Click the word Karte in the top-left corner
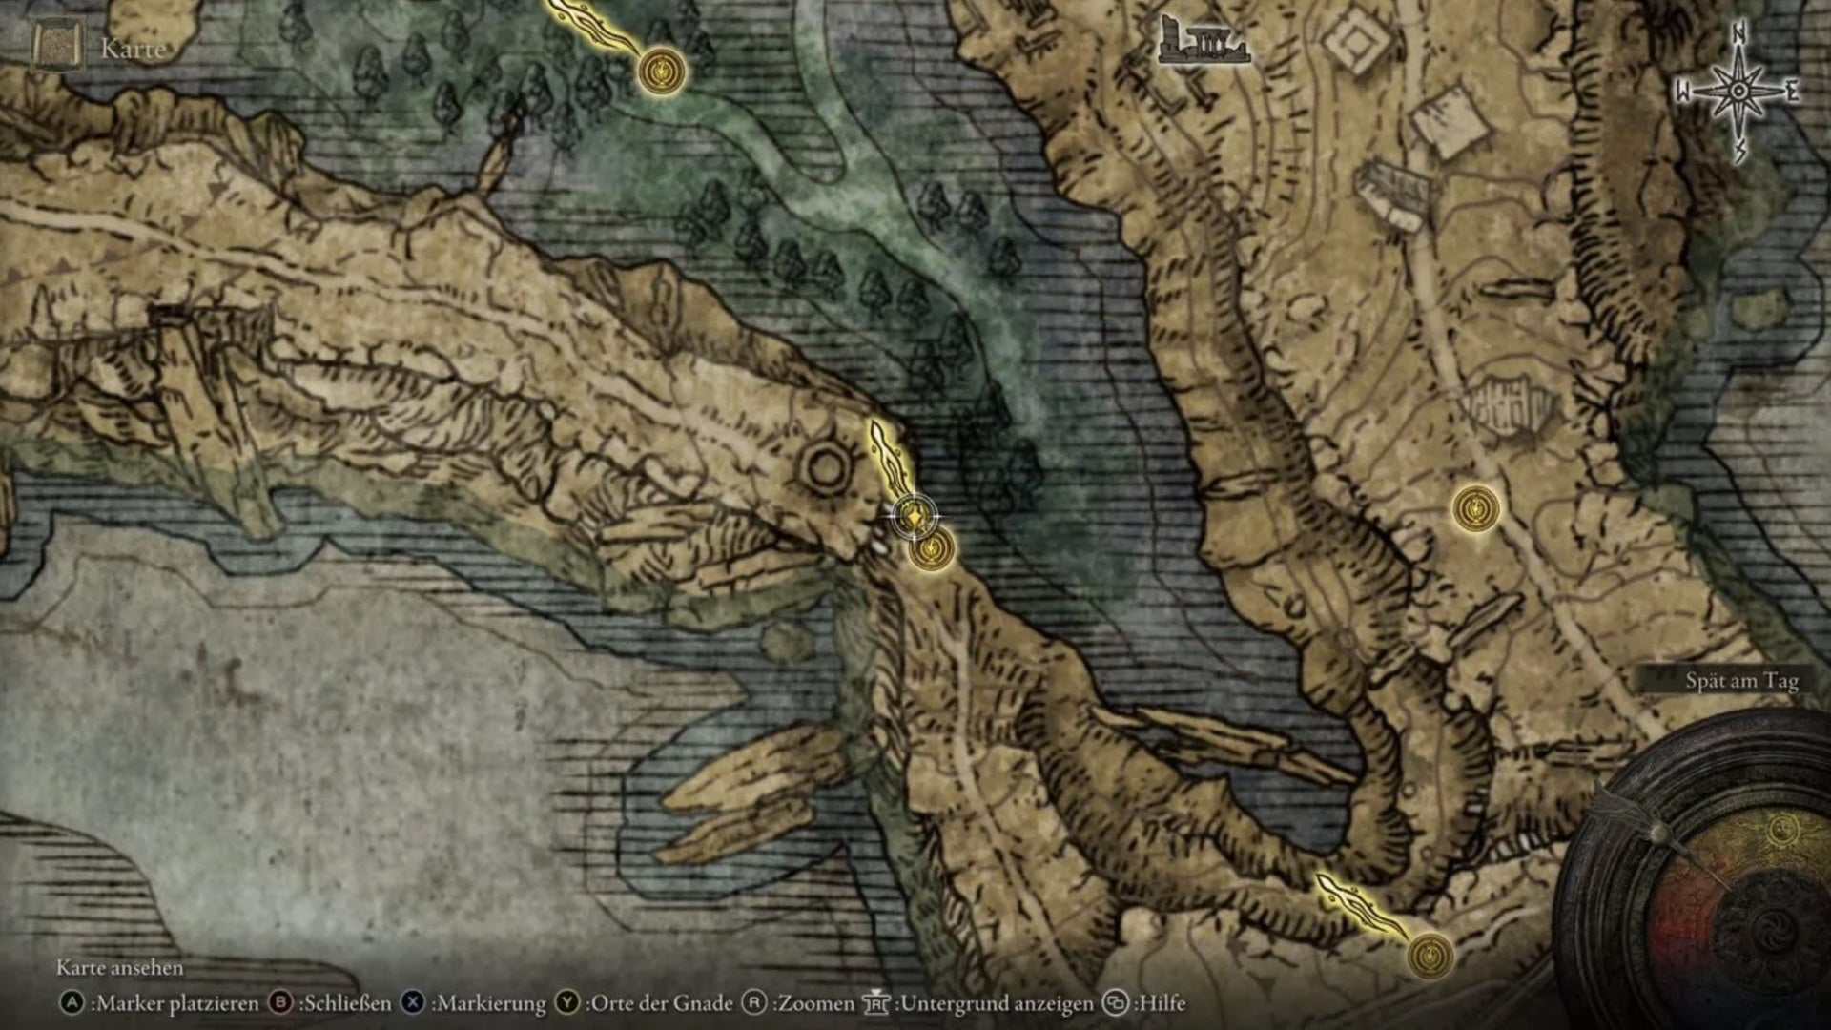(x=133, y=49)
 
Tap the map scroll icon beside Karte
(x=59, y=47)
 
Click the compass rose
(x=1738, y=92)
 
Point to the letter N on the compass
(x=1739, y=34)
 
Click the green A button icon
(x=72, y=1003)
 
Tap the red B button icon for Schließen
(x=281, y=1003)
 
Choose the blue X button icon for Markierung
(x=413, y=1003)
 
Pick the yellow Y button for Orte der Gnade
(x=568, y=1003)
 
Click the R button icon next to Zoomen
(x=754, y=1003)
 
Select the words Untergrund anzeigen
(x=997, y=1003)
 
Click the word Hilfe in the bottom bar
(x=1162, y=1003)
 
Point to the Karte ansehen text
(x=119, y=968)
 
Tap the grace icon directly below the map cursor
(x=931, y=550)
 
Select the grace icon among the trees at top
(x=662, y=72)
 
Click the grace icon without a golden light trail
(x=1475, y=508)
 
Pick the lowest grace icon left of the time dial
(x=1430, y=955)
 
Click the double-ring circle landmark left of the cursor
(x=825, y=467)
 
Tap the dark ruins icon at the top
(x=1204, y=42)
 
